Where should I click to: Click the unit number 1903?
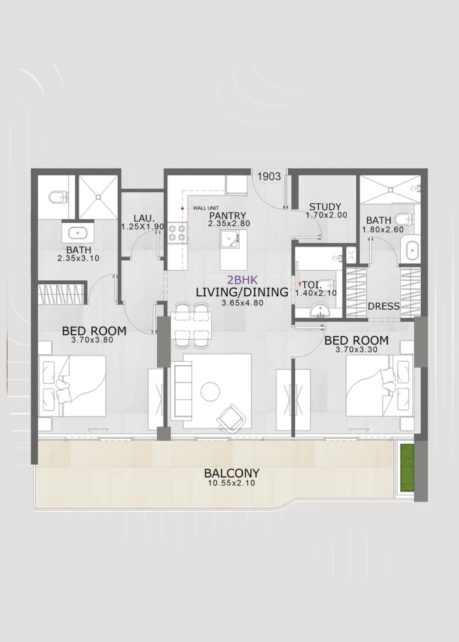(x=269, y=176)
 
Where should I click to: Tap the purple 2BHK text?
(x=243, y=280)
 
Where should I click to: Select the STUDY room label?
(x=325, y=207)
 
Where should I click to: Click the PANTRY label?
(x=228, y=216)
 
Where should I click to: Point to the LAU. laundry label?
(x=144, y=218)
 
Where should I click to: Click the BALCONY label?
(x=232, y=473)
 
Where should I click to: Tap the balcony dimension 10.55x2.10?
(x=231, y=483)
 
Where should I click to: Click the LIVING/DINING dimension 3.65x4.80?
(x=243, y=303)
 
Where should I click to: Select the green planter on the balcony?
(x=407, y=470)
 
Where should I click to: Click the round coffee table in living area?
(x=211, y=392)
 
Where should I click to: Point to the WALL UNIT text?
(x=206, y=208)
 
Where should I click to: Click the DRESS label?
(x=384, y=306)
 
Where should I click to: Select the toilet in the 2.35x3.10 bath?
(x=56, y=197)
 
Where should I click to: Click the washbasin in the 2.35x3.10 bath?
(x=78, y=233)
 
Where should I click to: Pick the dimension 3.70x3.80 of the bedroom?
(x=92, y=340)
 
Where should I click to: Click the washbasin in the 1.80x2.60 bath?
(x=411, y=250)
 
